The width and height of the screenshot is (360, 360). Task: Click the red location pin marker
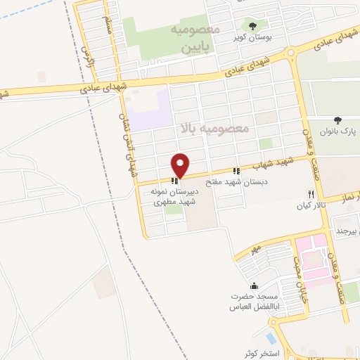coord(181,165)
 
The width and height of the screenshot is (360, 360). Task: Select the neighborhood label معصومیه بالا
coord(215,128)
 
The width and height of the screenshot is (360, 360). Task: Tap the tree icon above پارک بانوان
coord(338,120)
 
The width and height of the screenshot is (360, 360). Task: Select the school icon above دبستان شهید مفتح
coord(237,171)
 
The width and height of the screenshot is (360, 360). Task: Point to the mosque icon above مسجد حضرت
coord(254,286)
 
